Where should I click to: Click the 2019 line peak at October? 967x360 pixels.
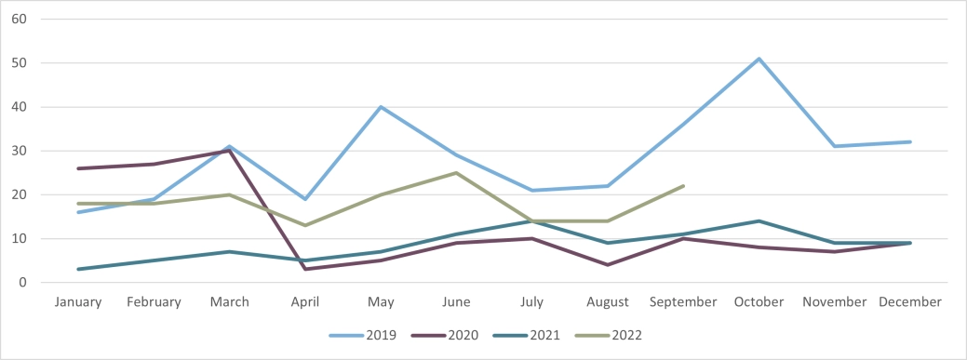click(759, 59)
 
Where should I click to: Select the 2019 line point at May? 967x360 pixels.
click(381, 107)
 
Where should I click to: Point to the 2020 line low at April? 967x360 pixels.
click(305, 269)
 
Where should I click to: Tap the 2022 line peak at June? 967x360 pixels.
click(456, 173)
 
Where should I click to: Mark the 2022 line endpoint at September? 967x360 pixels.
click(684, 186)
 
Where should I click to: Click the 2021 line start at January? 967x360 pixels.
click(78, 269)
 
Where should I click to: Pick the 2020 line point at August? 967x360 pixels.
click(608, 265)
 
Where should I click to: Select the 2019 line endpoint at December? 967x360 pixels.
click(910, 141)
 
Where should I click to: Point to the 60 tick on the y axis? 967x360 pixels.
click(20, 20)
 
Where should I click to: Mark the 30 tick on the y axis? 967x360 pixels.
click(20, 151)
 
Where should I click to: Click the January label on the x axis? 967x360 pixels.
click(78, 302)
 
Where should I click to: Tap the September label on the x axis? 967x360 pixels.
click(684, 302)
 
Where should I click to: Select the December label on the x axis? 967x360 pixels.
click(910, 302)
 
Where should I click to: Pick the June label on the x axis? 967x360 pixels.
click(456, 302)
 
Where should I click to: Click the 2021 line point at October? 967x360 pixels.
click(759, 221)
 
